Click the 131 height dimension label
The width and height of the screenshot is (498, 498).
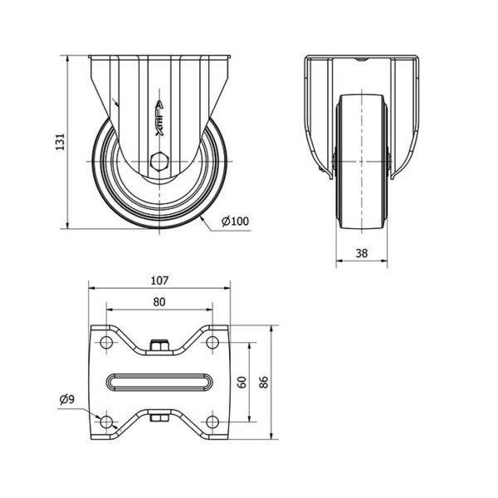tap(60, 142)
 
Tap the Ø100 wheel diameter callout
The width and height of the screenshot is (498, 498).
tap(236, 221)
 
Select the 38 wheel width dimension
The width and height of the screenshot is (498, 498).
tap(362, 253)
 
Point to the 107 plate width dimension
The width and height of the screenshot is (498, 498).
tap(159, 281)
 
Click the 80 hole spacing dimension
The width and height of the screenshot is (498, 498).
tap(159, 302)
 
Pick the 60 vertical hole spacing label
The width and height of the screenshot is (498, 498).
tap(242, 382)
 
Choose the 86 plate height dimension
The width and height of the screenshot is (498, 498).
tap(264, 382)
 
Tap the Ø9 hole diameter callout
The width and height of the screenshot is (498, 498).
tap(67, 399)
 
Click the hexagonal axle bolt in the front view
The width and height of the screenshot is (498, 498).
tap(159, 162)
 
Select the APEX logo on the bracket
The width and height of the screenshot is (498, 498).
tap(159, 119)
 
